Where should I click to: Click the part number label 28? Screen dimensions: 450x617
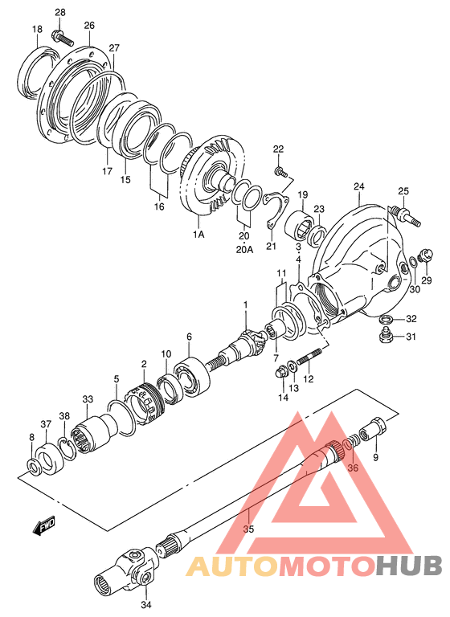coord(60,12)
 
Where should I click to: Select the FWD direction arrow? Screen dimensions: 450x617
coord(44,525)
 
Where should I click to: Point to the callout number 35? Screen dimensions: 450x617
coord(249,529)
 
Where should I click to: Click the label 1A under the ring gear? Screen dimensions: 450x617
coord(198,235)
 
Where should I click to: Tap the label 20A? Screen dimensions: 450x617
coord(244,250)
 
